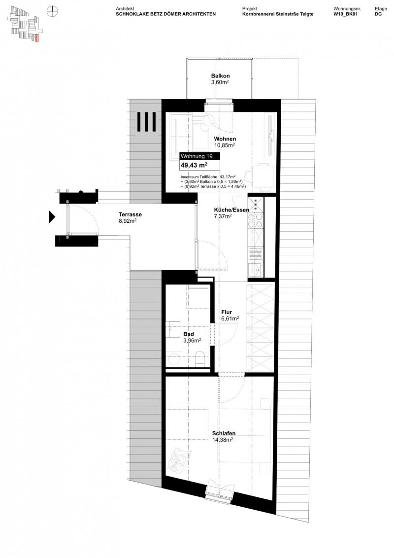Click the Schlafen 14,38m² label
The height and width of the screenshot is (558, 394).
tap(222, 437)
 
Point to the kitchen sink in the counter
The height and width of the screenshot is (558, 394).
tap(256, 269)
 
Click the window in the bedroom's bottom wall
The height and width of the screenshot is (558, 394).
tap(219, 493)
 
